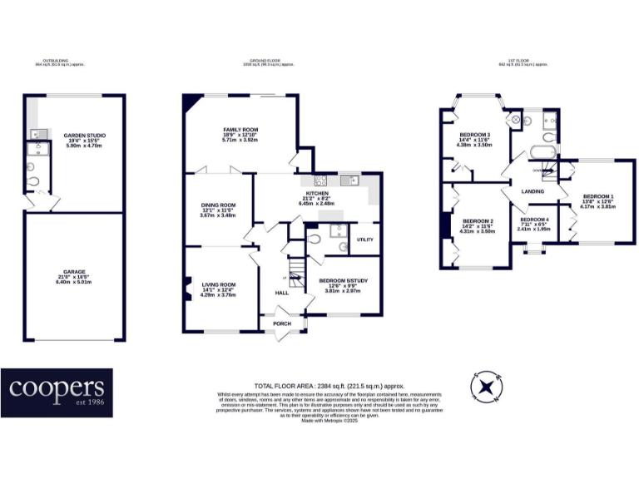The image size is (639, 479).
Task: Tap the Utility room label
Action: pos(364,239)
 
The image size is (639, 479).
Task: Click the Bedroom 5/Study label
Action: pos(343,281)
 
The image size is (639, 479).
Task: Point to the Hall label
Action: pos(282,293)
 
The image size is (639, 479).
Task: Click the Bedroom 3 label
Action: pos(476,135)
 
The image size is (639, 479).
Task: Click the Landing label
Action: pos(532,192)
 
